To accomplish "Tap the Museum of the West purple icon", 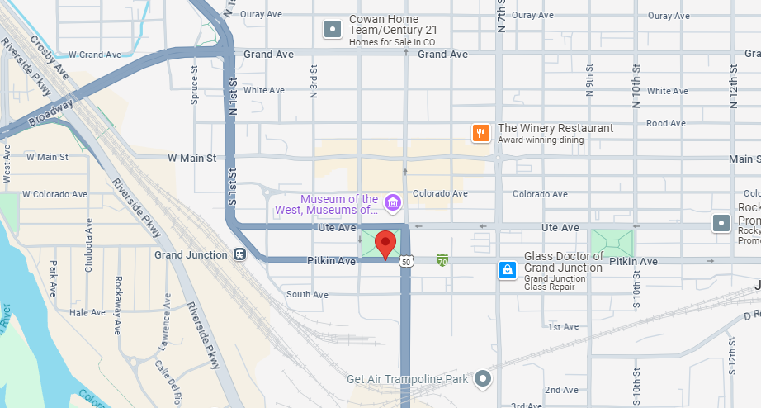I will point(393,202).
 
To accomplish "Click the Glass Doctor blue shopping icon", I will point(507,269).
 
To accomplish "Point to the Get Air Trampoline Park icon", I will point(484,379).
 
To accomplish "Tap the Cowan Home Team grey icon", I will point(332,30).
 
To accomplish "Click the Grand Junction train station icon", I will point(239,254).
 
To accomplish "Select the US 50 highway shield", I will point(405,262).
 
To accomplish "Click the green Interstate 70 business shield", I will point(442,261).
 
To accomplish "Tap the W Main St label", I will point(191,157).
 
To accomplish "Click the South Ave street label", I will point(307,294).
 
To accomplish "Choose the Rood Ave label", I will point(666,123).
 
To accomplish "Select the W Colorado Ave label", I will point(54,195).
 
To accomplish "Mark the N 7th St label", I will point(500,17).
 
